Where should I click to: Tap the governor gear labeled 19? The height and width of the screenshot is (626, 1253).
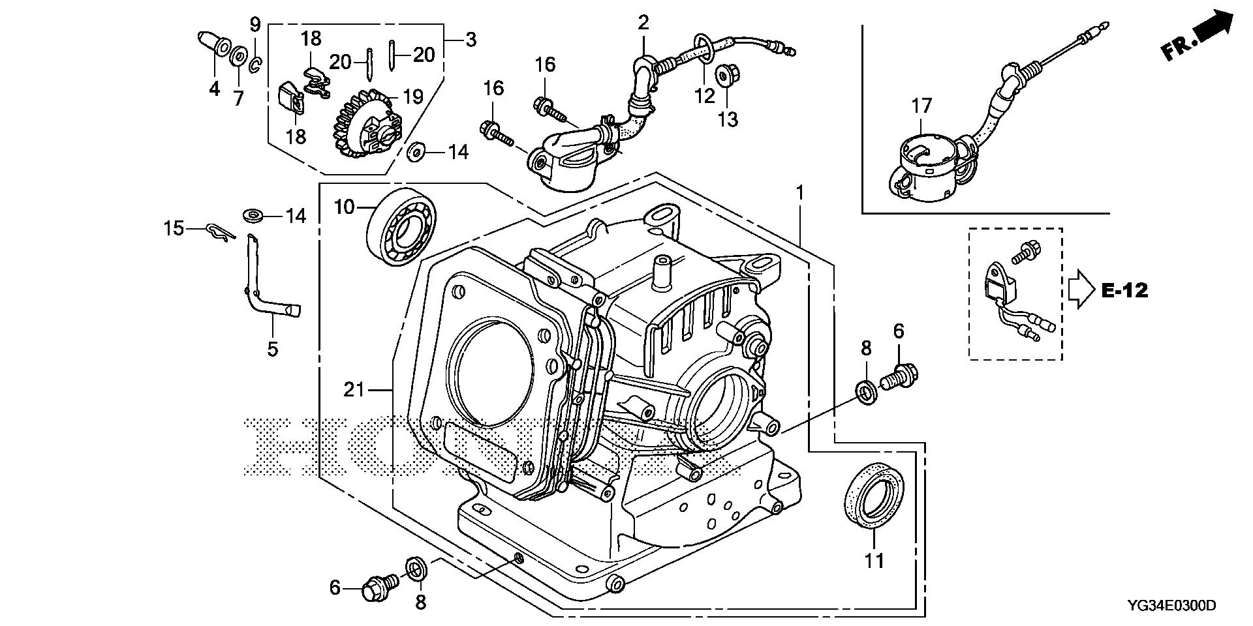click(369, 133)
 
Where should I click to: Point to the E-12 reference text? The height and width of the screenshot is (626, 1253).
click(1124, 290)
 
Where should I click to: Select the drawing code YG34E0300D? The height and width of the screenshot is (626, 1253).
click(1171, 606)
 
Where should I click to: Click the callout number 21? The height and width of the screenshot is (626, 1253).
click(354, 390)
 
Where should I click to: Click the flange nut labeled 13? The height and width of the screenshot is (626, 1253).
click(724, 76)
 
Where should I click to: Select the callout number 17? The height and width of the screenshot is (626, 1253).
click(921, 106)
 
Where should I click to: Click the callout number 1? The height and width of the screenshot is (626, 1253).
click(799, 193)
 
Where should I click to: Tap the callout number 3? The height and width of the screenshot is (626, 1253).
click(471, 40)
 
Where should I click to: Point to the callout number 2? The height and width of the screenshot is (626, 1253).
click(643, 23)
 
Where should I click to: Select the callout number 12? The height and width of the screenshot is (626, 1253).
click(705, 96)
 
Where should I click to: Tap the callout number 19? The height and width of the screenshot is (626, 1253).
click(412, 97)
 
